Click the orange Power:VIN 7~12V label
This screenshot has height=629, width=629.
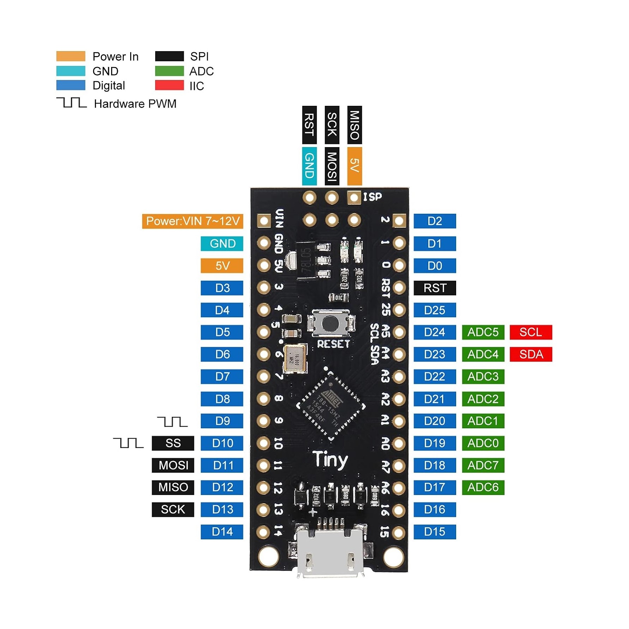193,221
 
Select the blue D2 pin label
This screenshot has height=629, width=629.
435,221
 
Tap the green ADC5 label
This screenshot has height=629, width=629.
483,332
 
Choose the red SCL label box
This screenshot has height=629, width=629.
531,332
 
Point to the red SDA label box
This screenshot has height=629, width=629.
531,354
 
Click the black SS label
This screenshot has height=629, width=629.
173,443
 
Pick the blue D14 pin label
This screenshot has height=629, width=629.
222,532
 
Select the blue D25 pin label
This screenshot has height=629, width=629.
435,310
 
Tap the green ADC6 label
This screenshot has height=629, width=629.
483,487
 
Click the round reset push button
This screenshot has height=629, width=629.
330,323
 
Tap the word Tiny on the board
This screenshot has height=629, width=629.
331,460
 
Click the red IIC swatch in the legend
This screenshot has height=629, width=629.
169,85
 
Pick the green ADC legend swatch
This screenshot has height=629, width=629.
169,71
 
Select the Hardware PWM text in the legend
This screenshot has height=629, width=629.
135,104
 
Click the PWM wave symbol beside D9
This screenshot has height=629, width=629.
172,422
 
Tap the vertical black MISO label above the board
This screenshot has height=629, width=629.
355,125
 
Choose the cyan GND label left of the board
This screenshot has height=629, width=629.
222,243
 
